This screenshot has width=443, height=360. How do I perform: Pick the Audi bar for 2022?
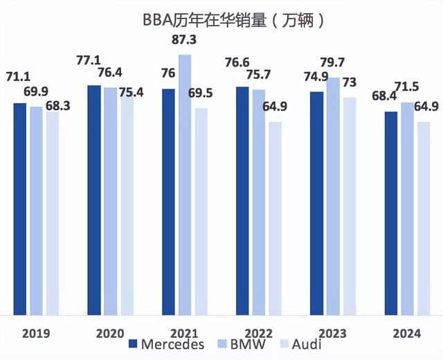click(x=274, y=218)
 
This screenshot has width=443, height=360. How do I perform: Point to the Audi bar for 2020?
click(x=127, y=201)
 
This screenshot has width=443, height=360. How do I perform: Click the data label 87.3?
click(x=185, y=40)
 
